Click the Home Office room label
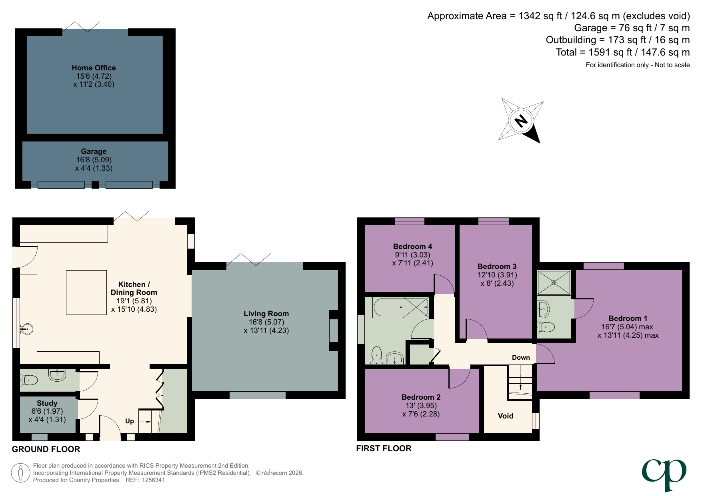click(x=94, y=68)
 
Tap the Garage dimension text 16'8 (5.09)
click(x=94, y=159)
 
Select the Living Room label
click(x=266, y=313)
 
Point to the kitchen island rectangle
click(x=86, y=292)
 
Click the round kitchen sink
click(x=27, y=330)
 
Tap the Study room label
click(x=47, y=403)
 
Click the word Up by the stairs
click(x=130, y=421)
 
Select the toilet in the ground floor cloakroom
click(x=29, y=379)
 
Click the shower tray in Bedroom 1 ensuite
click(x=554, y=283)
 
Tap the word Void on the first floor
click(x=505, y=416)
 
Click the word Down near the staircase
click(x=521, y=357)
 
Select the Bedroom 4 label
click(x=412, y=246)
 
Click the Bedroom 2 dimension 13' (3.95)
click(x=421, y=405)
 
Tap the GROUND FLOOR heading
click(x=46, y=449)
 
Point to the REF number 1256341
click(x=152, y=480)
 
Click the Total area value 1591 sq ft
click(x=611, y=52)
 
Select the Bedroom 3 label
click(x=497, y=266)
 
